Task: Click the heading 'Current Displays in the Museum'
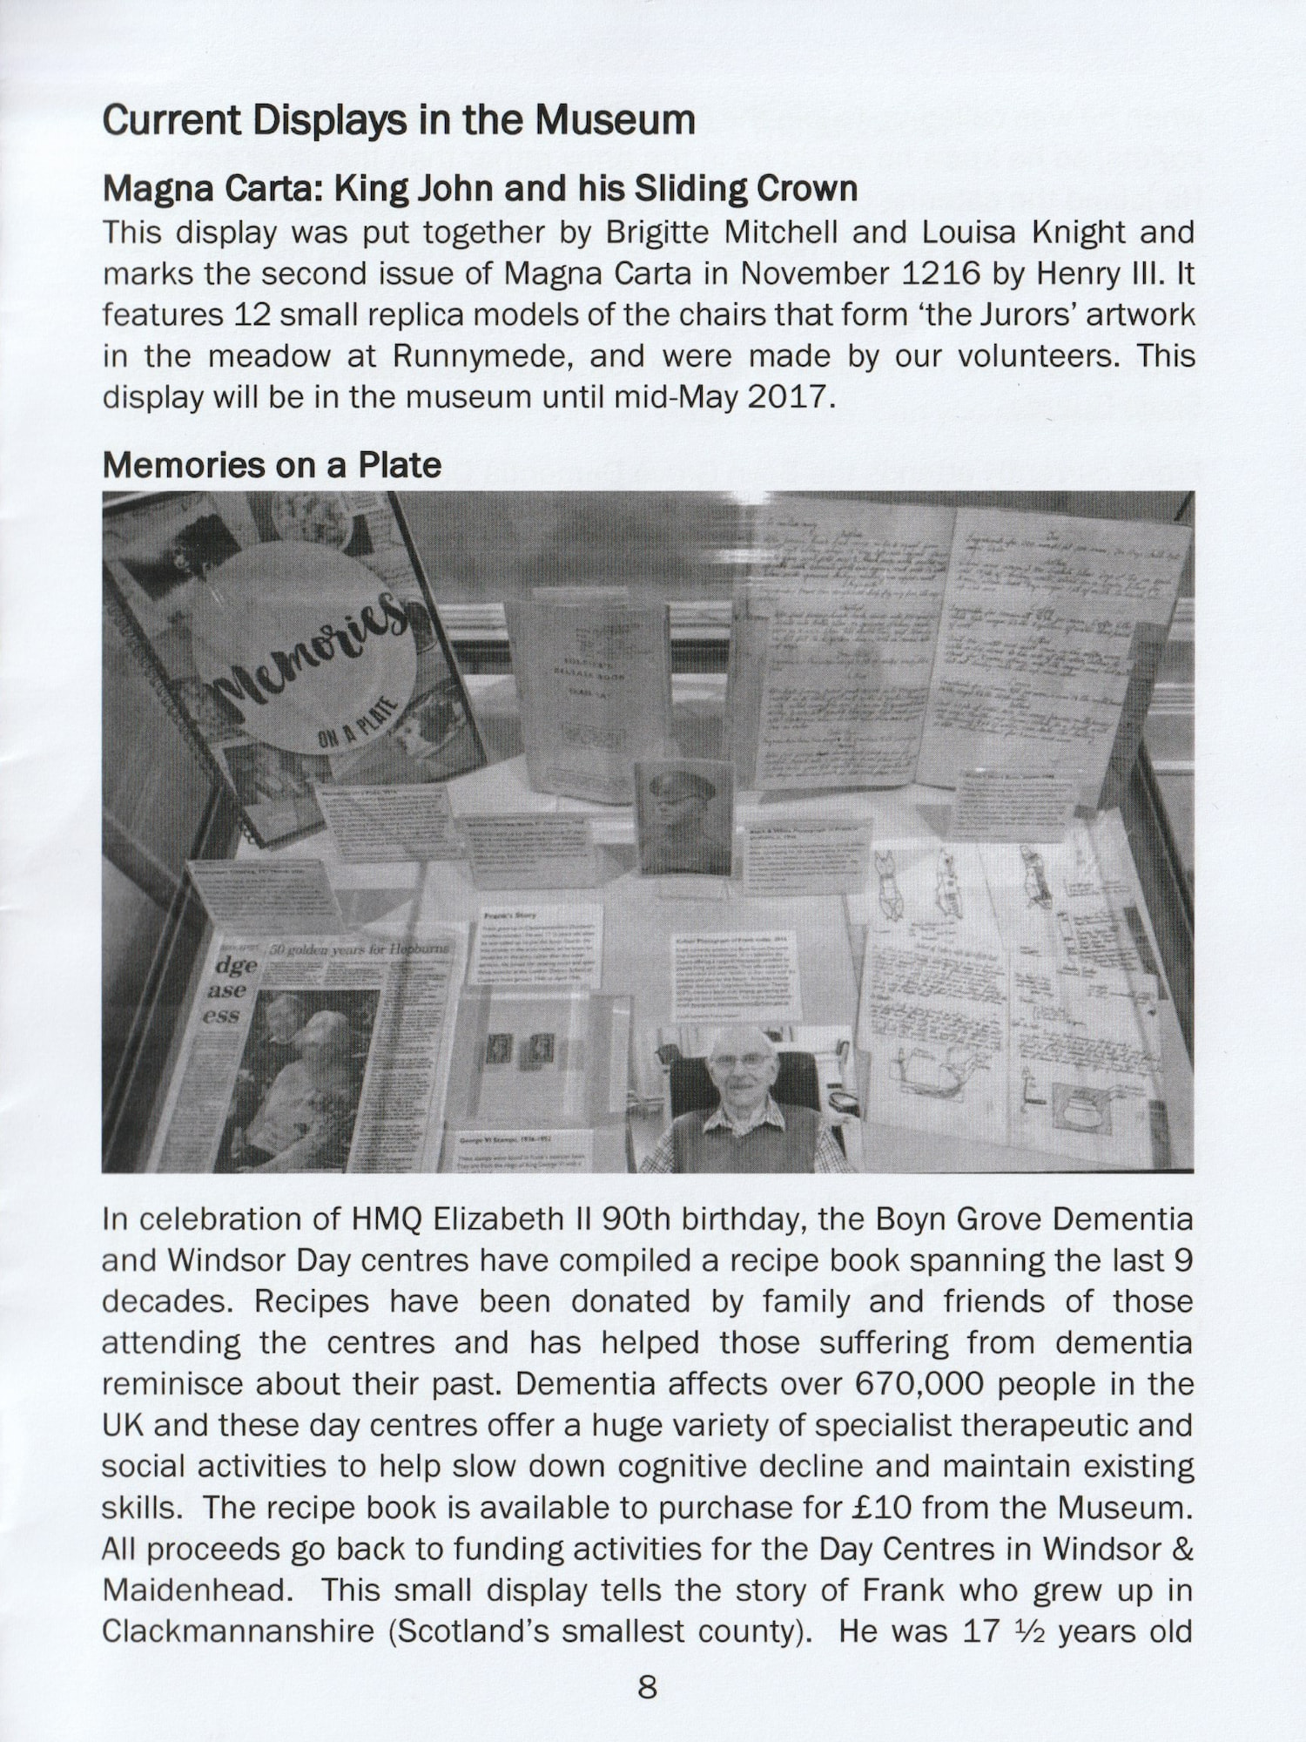399,120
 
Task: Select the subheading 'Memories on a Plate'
272,465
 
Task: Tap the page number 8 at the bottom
648,1688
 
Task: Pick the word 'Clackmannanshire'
238,1631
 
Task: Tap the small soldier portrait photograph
684,816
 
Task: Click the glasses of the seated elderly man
740,1062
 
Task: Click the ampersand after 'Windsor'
1183,1550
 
